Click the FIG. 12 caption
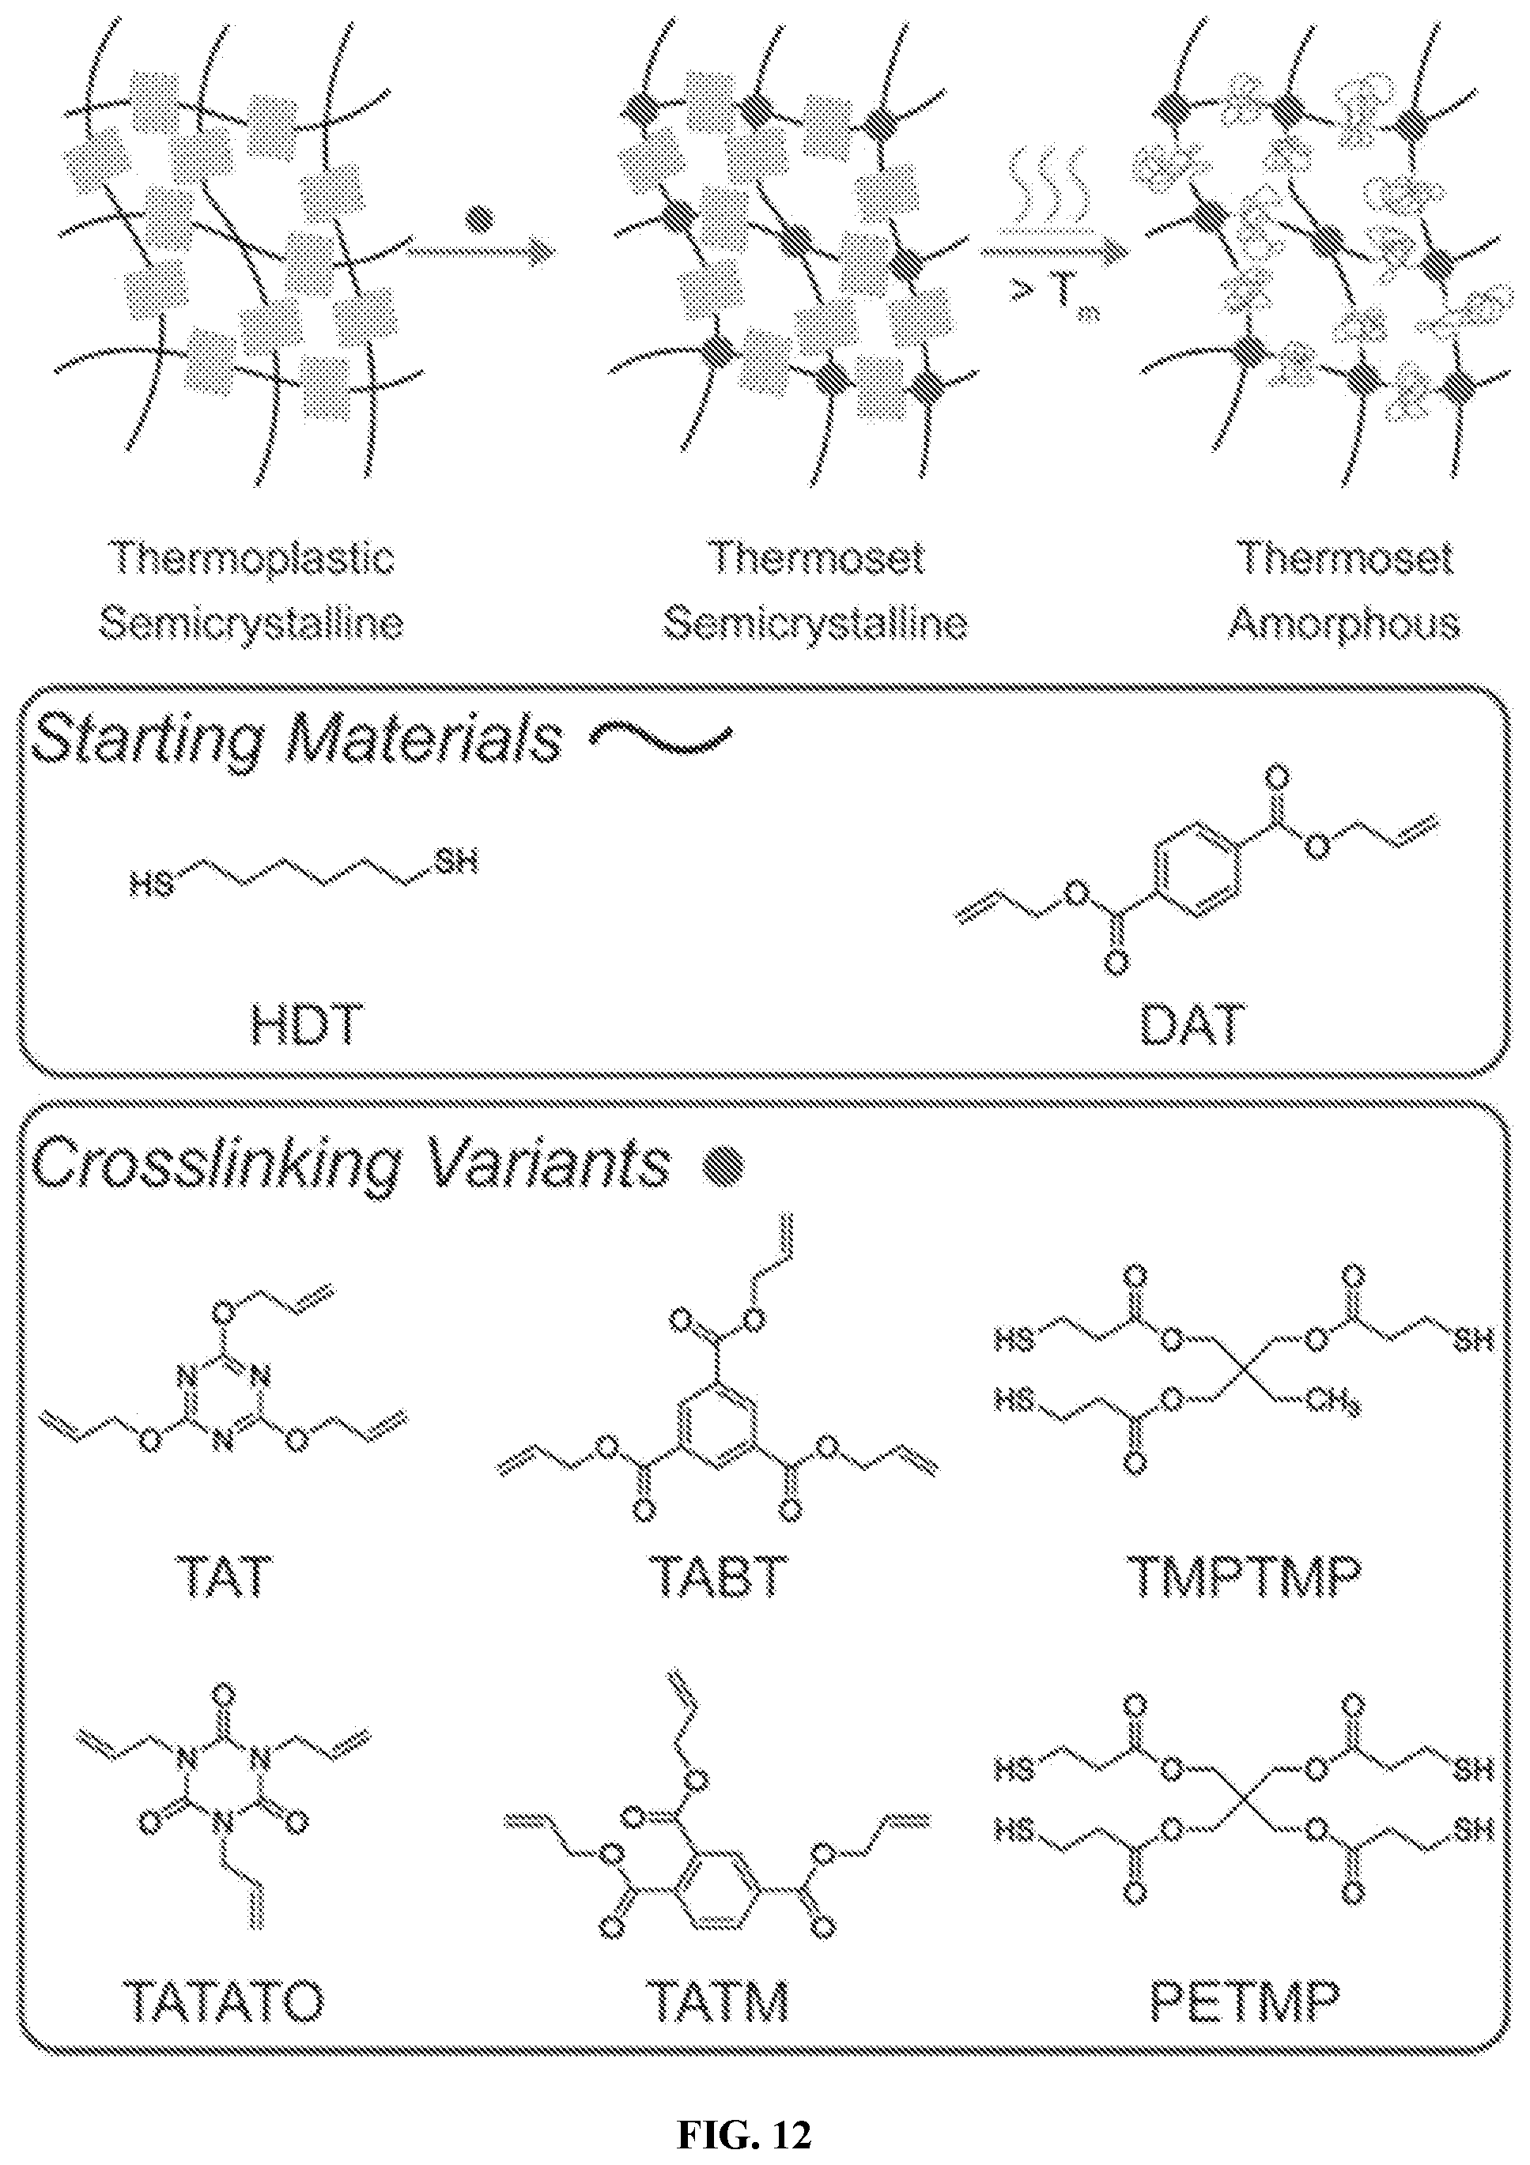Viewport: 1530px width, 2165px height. coord(744,2133)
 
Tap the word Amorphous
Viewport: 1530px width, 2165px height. coord(1344,624)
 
